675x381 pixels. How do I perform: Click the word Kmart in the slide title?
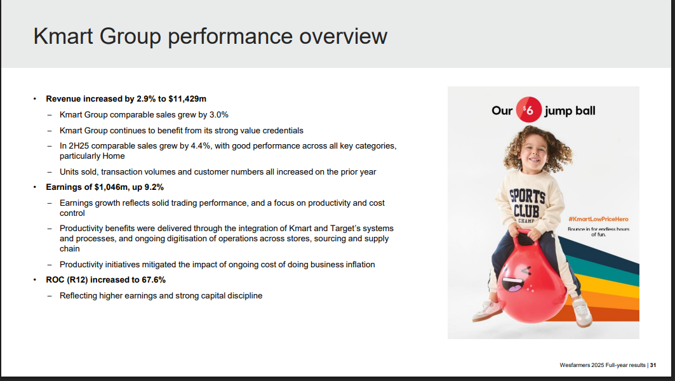(63, 36)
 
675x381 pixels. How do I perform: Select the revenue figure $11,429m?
(187, 99)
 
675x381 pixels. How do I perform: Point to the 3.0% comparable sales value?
(218, 115)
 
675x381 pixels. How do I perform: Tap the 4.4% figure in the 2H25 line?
(201, 146)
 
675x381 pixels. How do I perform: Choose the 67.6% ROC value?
(154, 280)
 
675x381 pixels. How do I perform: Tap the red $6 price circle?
(529, 110)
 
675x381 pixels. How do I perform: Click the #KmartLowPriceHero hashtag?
(598, 219)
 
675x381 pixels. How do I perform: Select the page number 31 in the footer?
(653, 365)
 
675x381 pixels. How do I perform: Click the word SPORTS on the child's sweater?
(527, 196)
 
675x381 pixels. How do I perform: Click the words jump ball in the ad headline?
(570, 111)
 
